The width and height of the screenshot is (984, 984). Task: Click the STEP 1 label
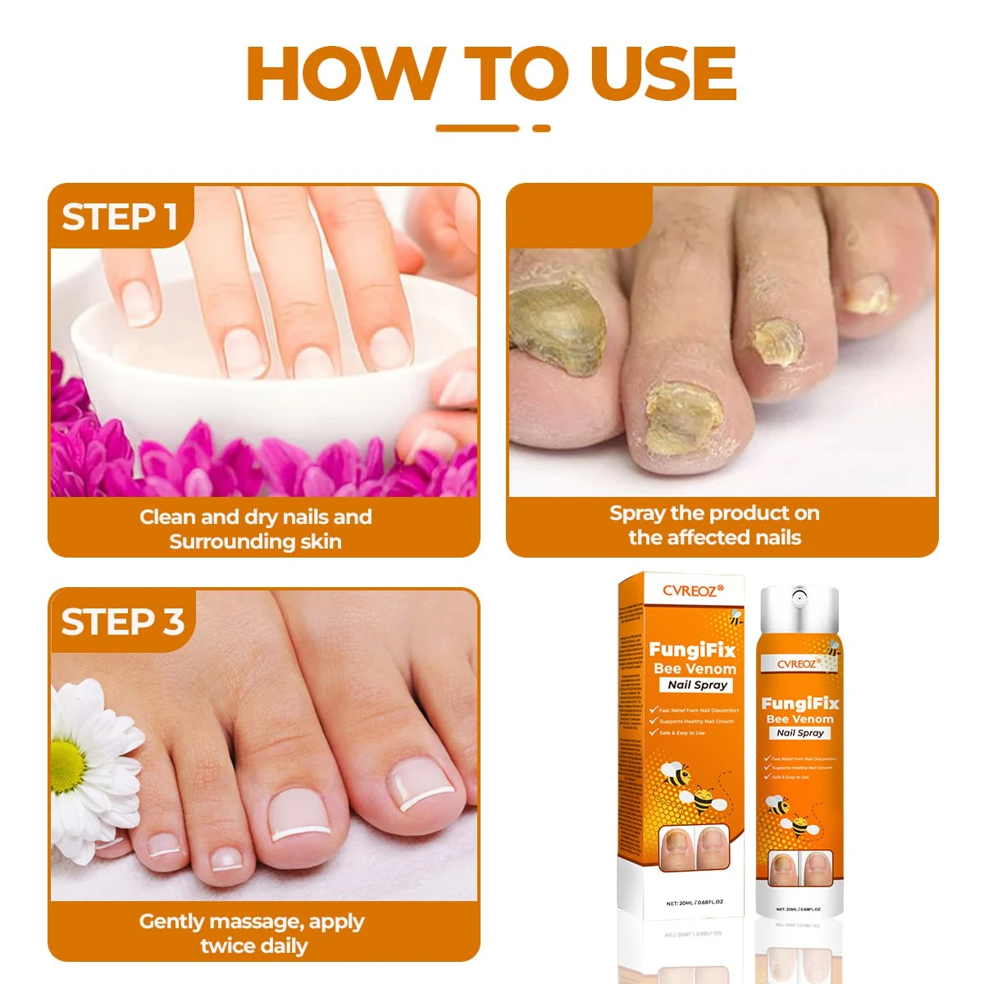click(120, 217)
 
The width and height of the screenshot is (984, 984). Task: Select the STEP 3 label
click(122, 622)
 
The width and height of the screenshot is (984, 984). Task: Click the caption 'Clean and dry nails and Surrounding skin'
click(256, 529)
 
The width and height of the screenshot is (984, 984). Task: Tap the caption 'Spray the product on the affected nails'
click(714, 526)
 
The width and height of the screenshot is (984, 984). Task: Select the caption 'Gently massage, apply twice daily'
click(253, 933)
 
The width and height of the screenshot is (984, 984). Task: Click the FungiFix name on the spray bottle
click(799, 704)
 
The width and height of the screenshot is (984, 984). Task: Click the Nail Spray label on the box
click(697, 685)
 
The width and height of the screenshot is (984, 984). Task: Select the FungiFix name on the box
click(692, 650)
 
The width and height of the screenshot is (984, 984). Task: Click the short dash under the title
click(541, 128)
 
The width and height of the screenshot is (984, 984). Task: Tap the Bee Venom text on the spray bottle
click(799, 719)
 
